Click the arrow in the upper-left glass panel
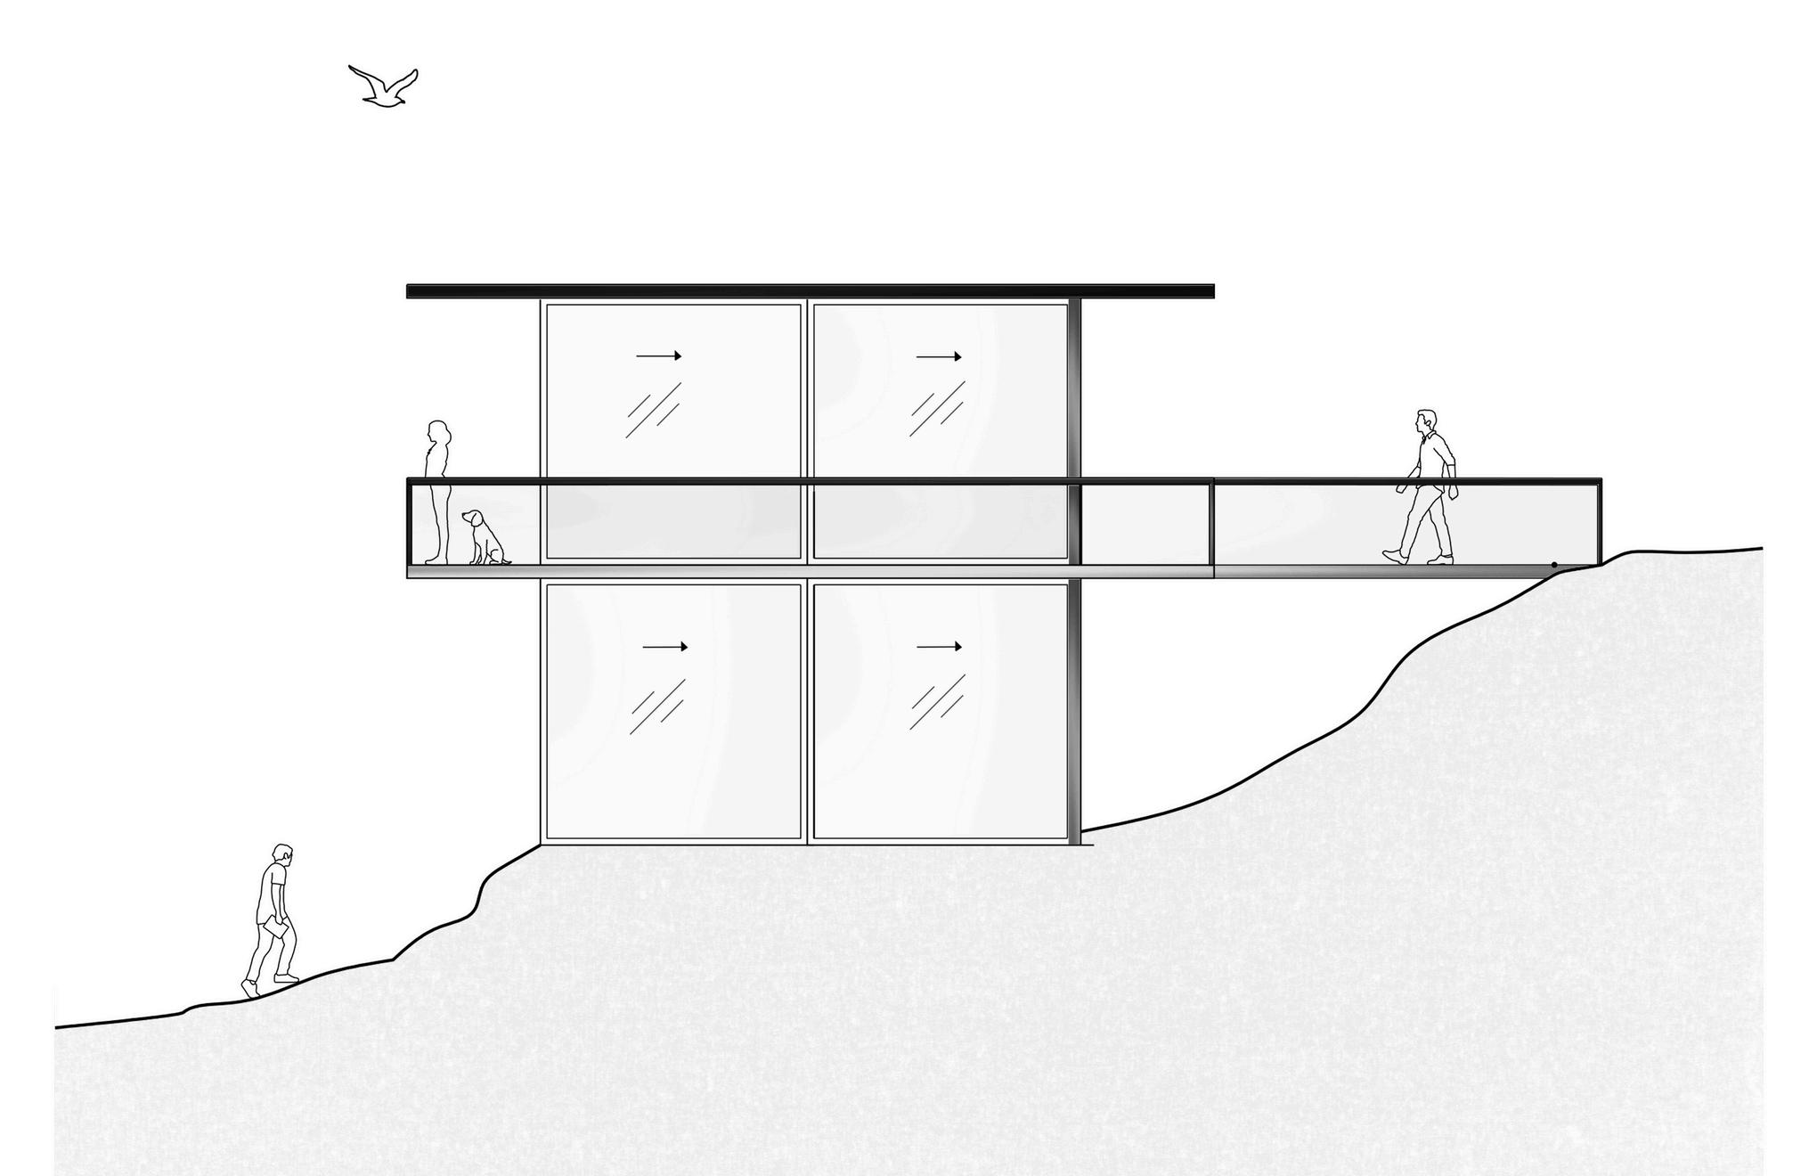658,355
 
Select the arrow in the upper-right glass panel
939,356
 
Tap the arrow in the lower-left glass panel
664,647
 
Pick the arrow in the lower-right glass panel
939,646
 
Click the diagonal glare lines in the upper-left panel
653,410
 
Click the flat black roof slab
810,291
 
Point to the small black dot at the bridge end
1554,565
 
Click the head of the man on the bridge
1427,421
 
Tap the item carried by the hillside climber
275,927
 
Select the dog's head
473,518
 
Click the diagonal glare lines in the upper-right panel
936,410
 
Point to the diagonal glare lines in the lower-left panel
657,706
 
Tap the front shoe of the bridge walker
1392,556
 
